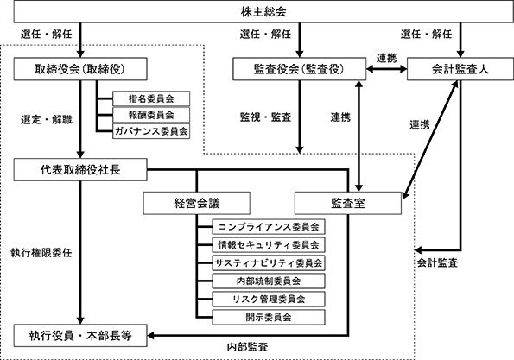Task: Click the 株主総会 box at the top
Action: click(x=263, y=12)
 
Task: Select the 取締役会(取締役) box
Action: click(x=80, y=69)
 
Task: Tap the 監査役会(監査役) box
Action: click(x=299, y=69)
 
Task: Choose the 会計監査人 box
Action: click(x=460, y=69)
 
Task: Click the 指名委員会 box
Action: click(x=151, y=98)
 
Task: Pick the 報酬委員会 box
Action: click(x=151, y=115)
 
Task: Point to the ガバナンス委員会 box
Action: click(x=151, y=131)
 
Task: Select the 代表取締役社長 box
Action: click(x=80, y=170)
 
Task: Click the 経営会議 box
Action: click(x=197, y=204)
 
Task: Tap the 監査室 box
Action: click(x=348, y=204)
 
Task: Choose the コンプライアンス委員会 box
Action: click(x=269, y=227)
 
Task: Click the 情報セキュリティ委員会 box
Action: click(x=269, y=245)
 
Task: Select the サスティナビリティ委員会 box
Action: click(x=269, y=263)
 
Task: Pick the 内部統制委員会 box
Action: click(x=269, y=281)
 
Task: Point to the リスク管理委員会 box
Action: click(x=269, y=299)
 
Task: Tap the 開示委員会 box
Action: click(x=269, y=317)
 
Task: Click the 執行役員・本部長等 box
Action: click(x=80, y=336)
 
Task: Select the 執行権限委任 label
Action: click(x=41, y=253)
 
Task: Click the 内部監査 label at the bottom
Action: click(x=247, y=347)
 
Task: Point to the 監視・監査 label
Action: click(x=265, y=117)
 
